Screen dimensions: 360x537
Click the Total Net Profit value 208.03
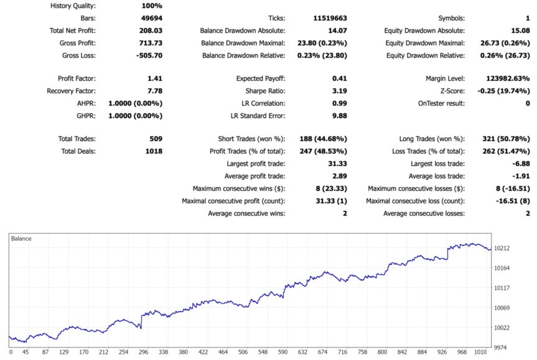[x=151, y=30]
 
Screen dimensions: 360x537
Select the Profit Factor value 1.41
[x=154, y=79]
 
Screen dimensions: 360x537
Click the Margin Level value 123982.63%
[x=508, y=79]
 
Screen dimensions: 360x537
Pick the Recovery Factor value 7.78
[x=154, y=91]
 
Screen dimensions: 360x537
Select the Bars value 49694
[x=151, y=19]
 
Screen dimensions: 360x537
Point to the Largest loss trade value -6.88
[x=519, y=164]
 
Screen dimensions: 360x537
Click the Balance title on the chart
[x=22, y=238]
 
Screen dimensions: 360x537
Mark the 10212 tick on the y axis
[x=502, y=248]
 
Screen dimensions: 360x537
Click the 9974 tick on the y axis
[x=501, y=347]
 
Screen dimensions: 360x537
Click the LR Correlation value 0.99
[x=339, y=103]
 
